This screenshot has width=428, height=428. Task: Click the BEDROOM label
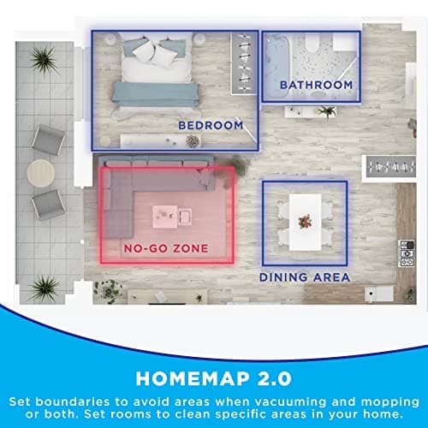210,125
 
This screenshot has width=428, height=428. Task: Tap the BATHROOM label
316,85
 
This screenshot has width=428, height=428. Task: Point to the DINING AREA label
305,277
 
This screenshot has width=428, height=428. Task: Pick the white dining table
304,221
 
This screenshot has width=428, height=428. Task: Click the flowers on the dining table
304,221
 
